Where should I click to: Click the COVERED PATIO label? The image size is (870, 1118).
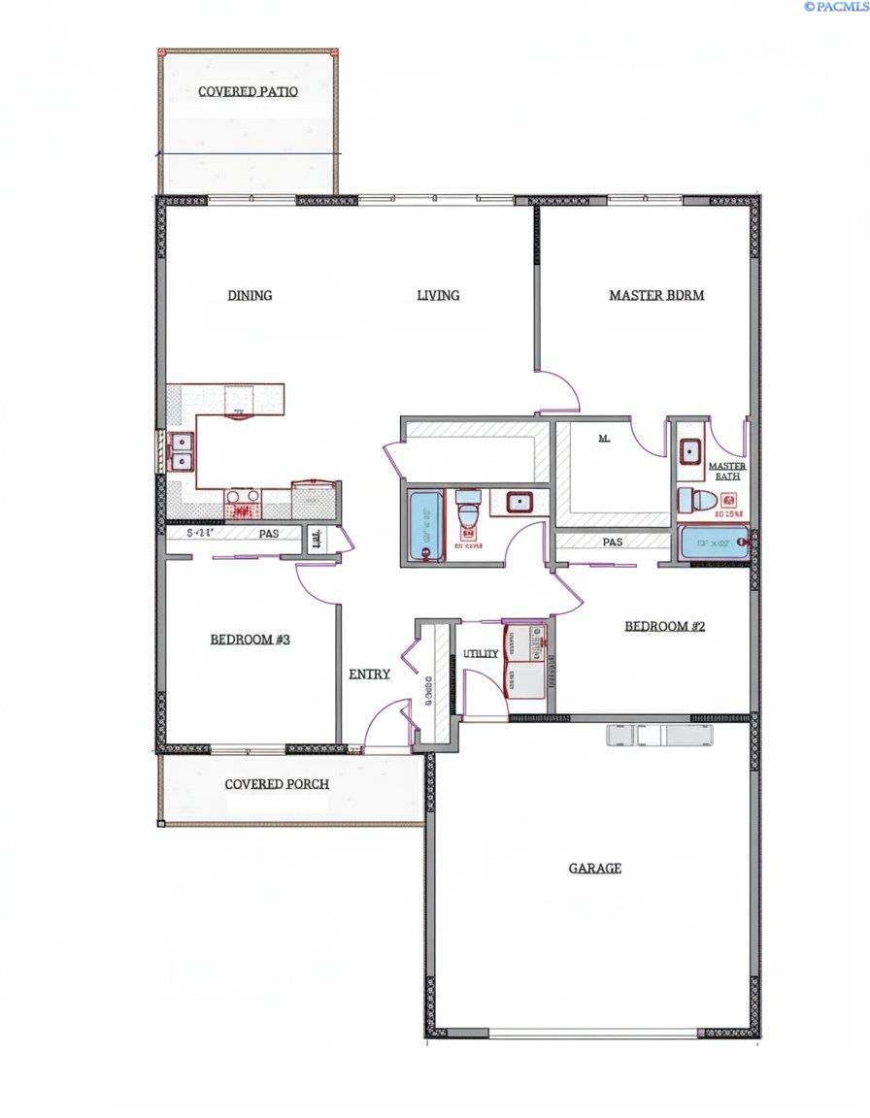pyautogui.click(x=248, y=91)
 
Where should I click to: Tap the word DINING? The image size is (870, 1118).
pyautogui.click(x=250, y=295)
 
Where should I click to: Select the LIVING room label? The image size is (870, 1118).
pyautogui.click(x=438, y=295)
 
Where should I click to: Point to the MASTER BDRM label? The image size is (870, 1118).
pyautogui.click(x=656, y=295)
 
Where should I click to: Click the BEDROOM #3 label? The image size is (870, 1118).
pyautogui.click(x=250, y=640)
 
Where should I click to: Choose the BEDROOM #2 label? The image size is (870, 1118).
pyautogui.click(x=664, y=626)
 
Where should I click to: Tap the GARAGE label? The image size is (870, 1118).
pyautogui.click(x=594, y=868)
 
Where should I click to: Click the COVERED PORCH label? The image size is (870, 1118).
pyautogui.click(x=277, y=784)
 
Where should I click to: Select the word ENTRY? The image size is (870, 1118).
pyautogui.click(x=369, y=674)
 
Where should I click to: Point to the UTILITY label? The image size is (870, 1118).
pyautogui.click(x=481, y=654)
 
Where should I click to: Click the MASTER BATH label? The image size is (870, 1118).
pyautogui.click(x=727, y=472)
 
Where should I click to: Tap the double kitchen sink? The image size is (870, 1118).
pyautogui.click(x=181, y=451)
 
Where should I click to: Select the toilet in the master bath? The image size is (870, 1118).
pyautogui.click(x=697, y=501)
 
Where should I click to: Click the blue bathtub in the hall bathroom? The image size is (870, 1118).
pyautogui.click(x=423, y=525)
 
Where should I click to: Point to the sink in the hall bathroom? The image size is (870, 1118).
pyautogui.click(x=517, y=502)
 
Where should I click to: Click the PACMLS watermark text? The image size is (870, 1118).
pyautogui.click(x=835, y=7)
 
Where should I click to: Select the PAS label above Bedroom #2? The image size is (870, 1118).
pyautogui.click(x=612, y=542)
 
